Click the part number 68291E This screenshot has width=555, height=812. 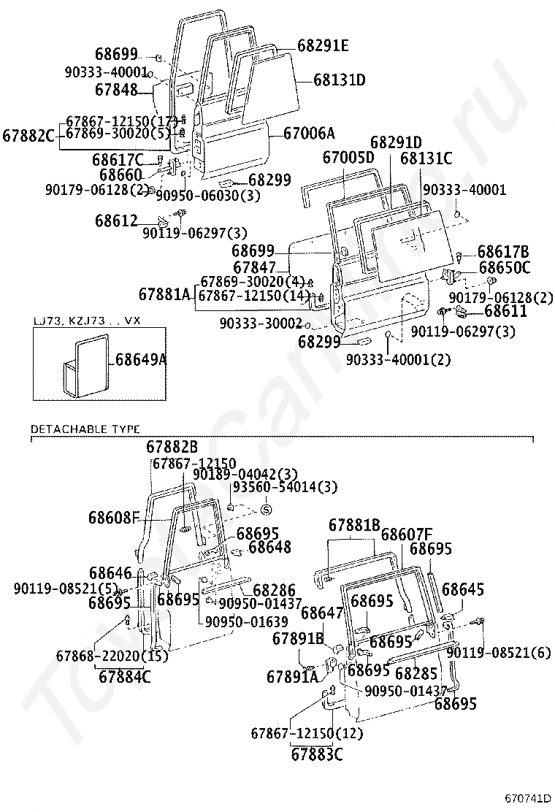pyautogui.click(x=323, y=46)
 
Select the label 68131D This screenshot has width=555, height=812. pyautogui.click(x=340, y=80)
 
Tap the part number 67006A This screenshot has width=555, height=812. pyautogui.click(x=309, y=133)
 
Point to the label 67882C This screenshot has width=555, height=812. pyautogui.click(x=28, y=134)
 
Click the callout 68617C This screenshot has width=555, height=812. pyautogui.click(x=118, y=159)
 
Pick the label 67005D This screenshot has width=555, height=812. pyautogui.click(x=348, y=157)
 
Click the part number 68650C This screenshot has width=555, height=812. pyautogui.click(x=505, y=268)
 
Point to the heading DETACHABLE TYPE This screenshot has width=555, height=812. pyautogui.click(x=85, y=429)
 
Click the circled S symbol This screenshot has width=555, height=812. pyautogui.click(x=266, y=510)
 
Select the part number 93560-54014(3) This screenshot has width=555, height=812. pyautogui.click(x=275, y=487)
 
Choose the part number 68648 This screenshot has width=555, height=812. pyautogui.click(x=269, y=546)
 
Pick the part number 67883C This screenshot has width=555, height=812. pyautogui.click(x=316, y=754)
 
